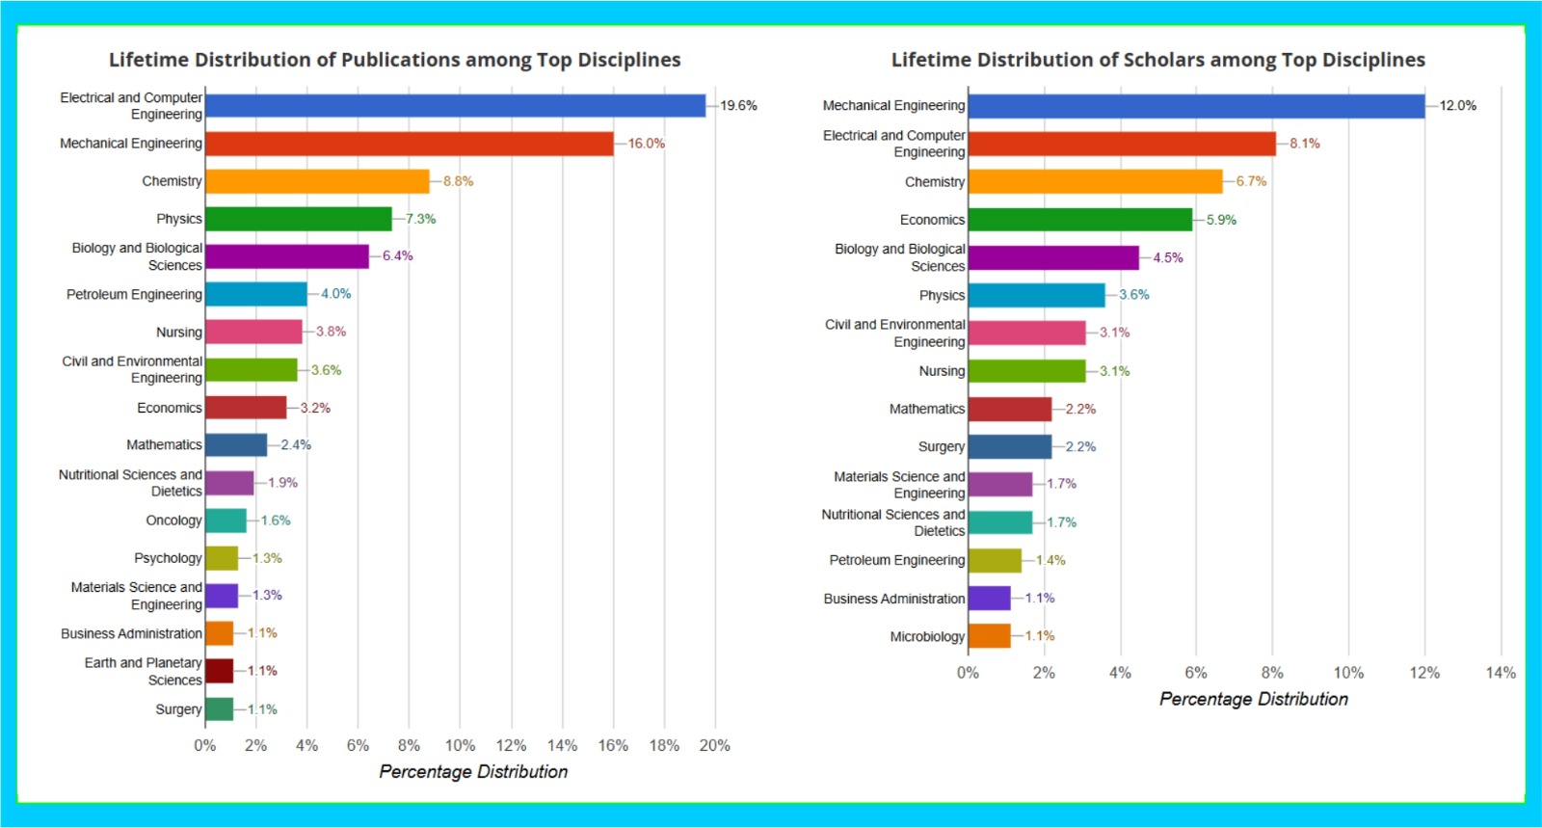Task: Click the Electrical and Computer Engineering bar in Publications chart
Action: (455, 106)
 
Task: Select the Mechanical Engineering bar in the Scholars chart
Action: (1195, 106)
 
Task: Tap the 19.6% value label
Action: (738, 106)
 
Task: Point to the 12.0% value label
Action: (1457, 106)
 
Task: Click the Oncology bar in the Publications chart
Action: (226, 521)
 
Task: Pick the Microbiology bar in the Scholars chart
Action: (989, 636)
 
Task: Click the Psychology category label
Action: (168, 558)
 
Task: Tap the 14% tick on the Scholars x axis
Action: (1501, 673)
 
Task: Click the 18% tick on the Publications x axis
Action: (664, 745)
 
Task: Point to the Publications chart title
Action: (394, 60)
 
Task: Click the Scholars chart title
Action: (1157, 60)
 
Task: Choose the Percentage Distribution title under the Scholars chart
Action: (1253, 699)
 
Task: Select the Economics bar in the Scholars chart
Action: (1079, 220)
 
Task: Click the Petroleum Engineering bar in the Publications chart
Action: (255, 294)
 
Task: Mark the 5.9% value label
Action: (1221, 220)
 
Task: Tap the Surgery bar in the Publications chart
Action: (219, 709)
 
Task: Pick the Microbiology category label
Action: (927, 637)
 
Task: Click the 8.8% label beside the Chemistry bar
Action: (458, 181)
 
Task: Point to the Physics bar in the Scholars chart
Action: (1036, 295)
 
